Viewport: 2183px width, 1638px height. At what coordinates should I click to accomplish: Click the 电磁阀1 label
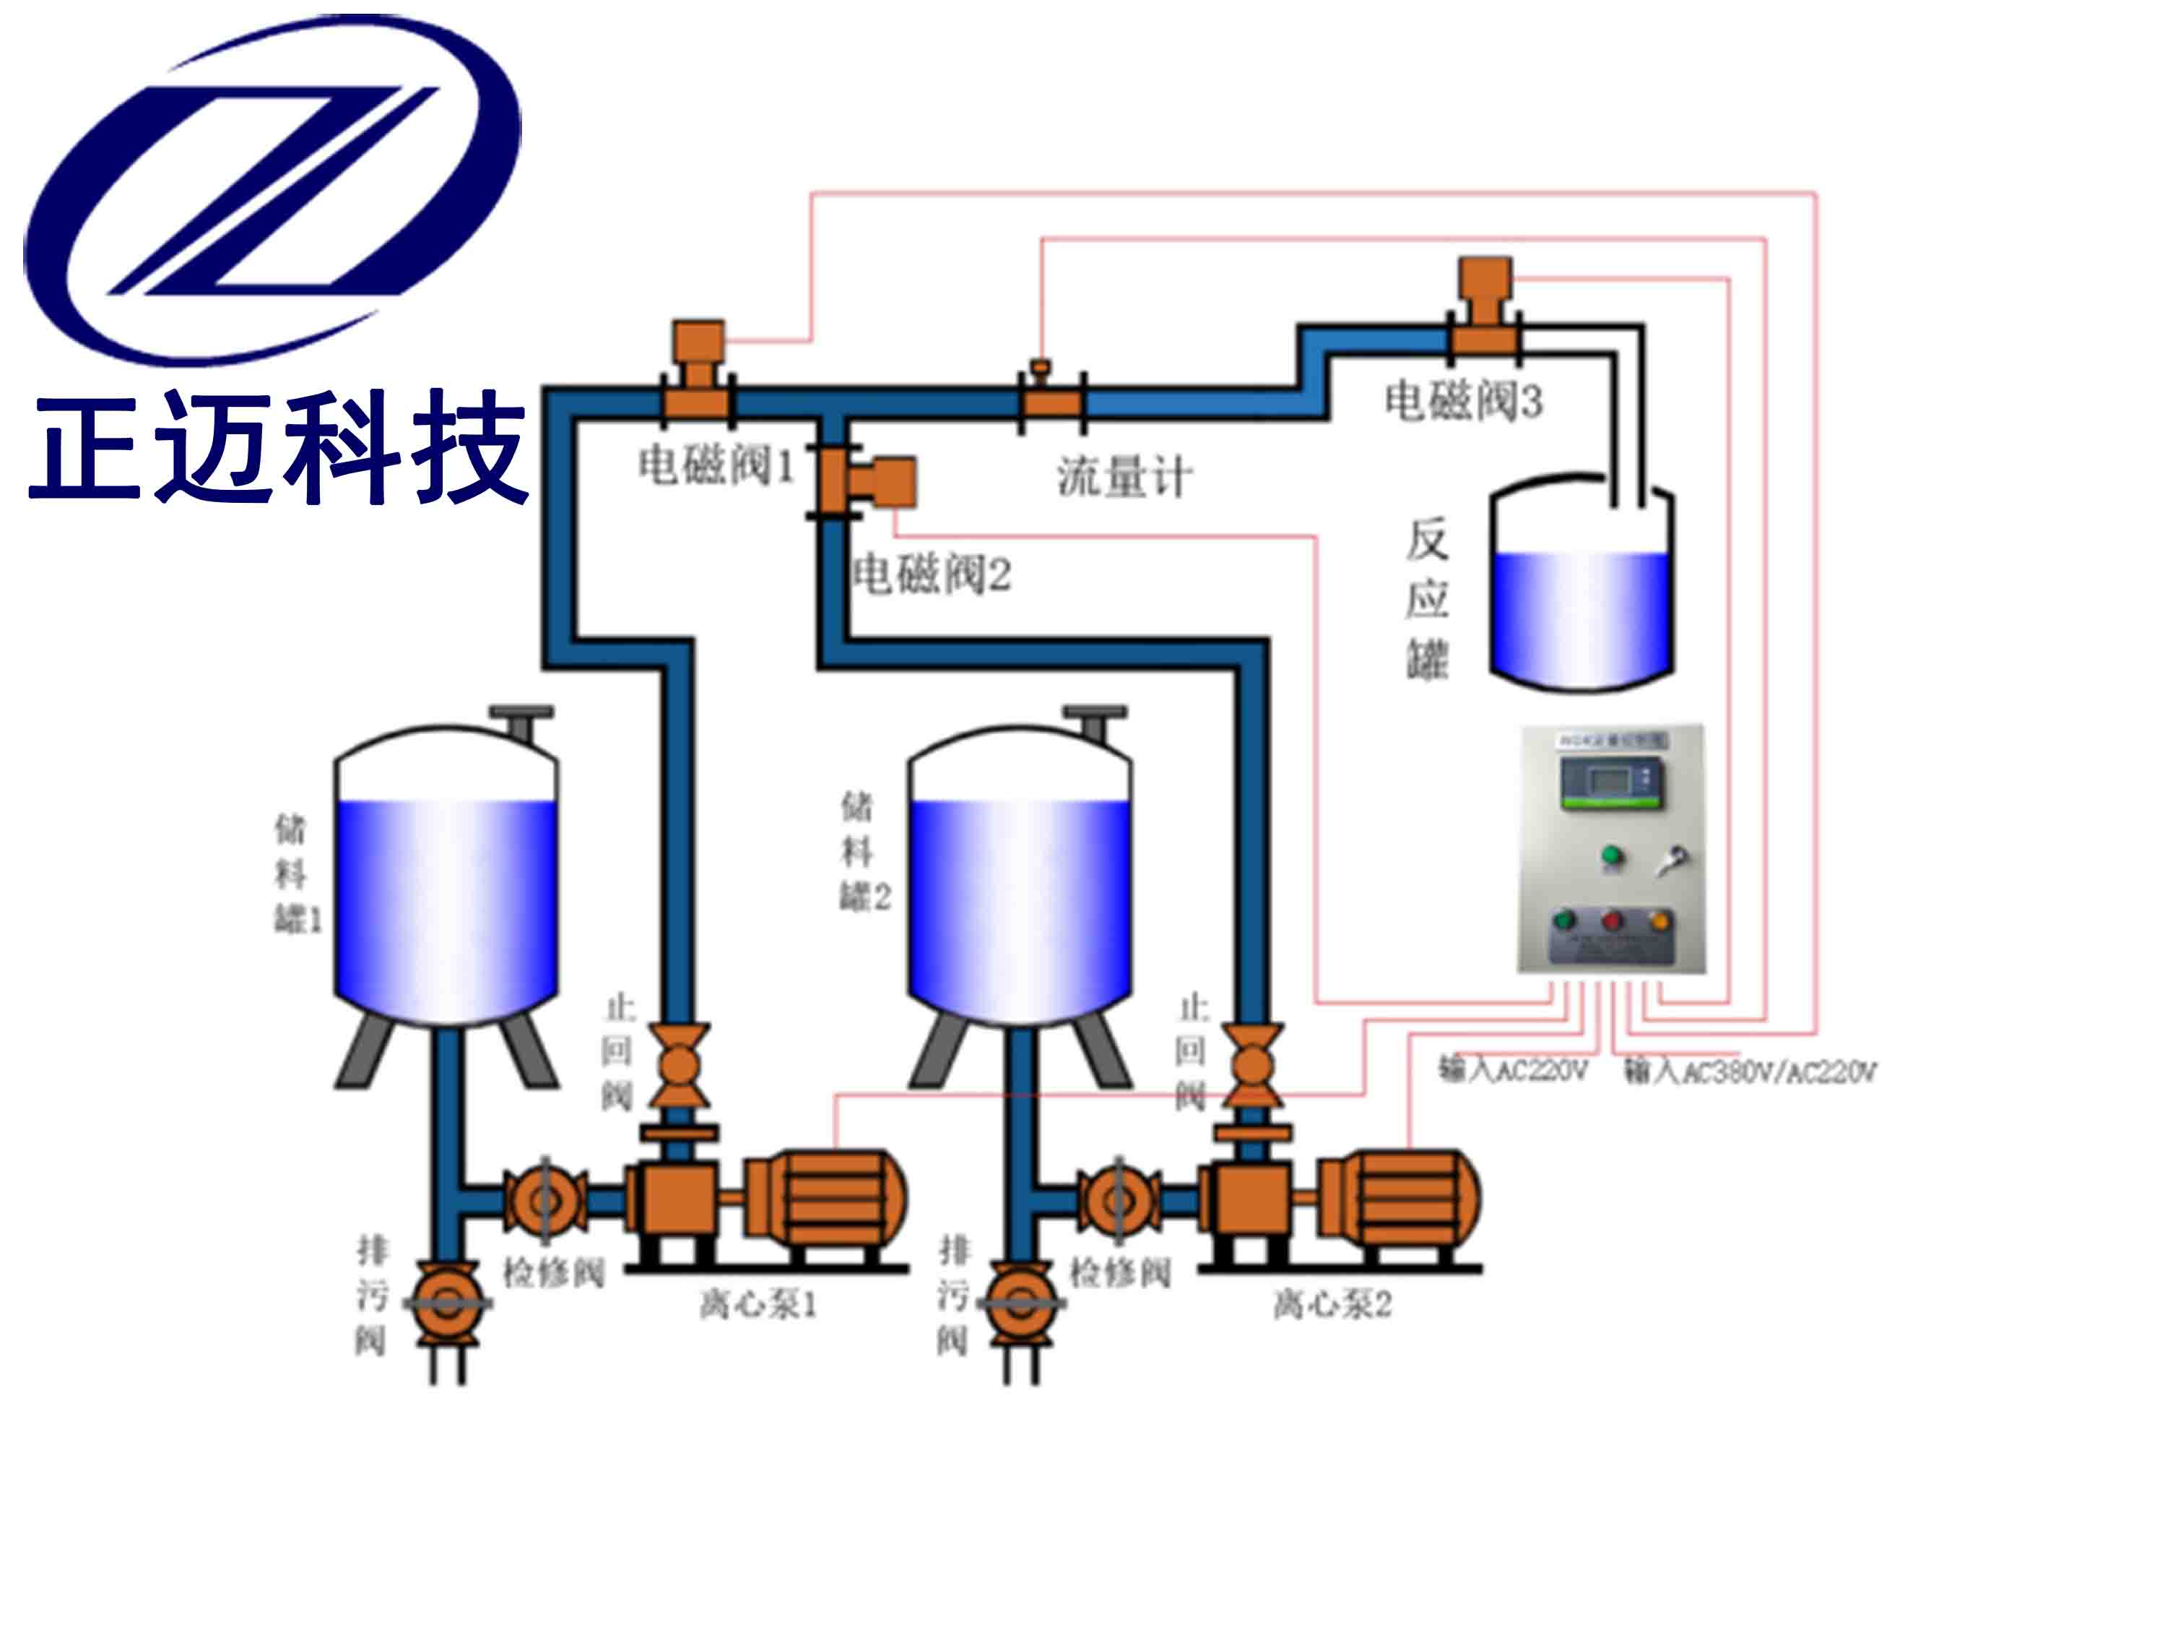pos(716,465)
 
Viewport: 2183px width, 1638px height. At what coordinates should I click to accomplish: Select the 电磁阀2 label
pos(931,574)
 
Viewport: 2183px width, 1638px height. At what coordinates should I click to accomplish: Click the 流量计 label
pos(1125,477)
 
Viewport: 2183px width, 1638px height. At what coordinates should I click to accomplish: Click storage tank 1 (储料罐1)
pos(446,879)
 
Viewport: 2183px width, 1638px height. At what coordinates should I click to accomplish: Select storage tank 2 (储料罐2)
pos(1020,879)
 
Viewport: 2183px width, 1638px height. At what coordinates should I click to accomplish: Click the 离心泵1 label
pos(758,1305)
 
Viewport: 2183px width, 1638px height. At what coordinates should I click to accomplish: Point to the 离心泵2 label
pos(1332,1305)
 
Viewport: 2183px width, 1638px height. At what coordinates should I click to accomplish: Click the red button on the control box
pos(1612,921)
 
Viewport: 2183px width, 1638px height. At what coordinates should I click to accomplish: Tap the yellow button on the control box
pos(1660,921)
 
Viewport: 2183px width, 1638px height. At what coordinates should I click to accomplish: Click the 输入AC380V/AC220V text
pos(1750,1072)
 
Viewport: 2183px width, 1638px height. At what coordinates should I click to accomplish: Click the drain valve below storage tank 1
pos(447,1303)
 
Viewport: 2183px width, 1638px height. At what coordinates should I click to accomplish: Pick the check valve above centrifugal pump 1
pos(679,1066)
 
